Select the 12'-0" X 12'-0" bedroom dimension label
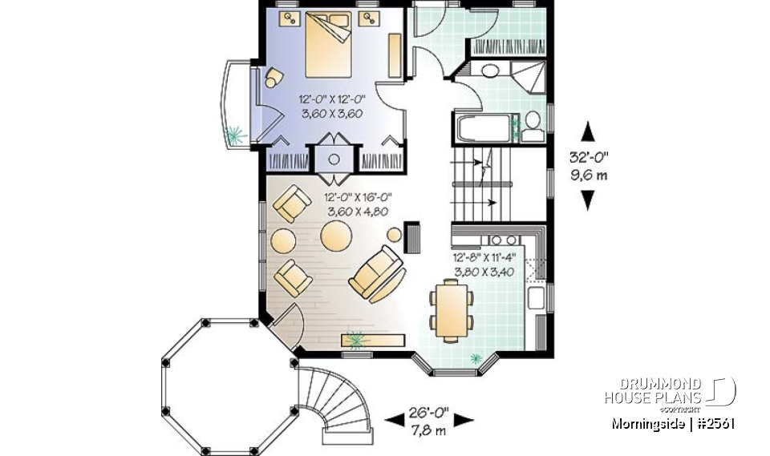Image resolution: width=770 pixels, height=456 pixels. tap(332, 106)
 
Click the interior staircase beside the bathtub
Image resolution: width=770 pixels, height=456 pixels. tap(482, 184)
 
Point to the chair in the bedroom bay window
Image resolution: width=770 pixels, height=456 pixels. tap(274, 77)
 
